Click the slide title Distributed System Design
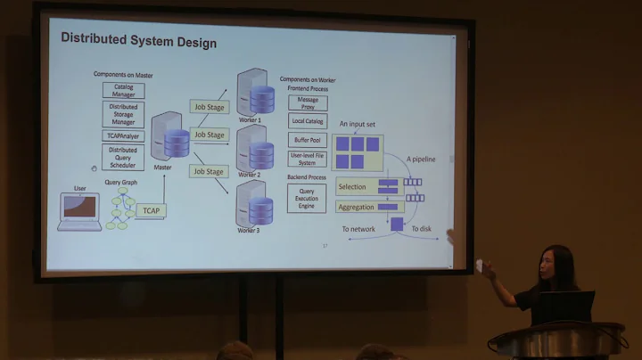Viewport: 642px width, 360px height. [x=138, y=41]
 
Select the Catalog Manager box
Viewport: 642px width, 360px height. [x=123, y=90]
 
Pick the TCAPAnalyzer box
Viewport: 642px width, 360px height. [x=123, y=136]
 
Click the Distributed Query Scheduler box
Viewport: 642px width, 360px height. [x=123, y=157]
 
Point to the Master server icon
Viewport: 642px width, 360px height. [x=169, y=138]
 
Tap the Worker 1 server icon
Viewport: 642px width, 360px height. [x=255, y=92]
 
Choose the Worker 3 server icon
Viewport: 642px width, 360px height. [x=255, y=204]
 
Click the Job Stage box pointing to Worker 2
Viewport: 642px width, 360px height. [x=209, y=135]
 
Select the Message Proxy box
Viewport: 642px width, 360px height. [x=307, y=102]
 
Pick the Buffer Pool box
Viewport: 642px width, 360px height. [x=307, y=140]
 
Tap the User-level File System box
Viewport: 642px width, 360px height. [x=307, y=159]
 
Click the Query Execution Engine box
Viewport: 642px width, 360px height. [x=307, y=197]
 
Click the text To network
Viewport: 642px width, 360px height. [x=358, y=229]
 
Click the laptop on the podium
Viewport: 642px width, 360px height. [x=564, y=307]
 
